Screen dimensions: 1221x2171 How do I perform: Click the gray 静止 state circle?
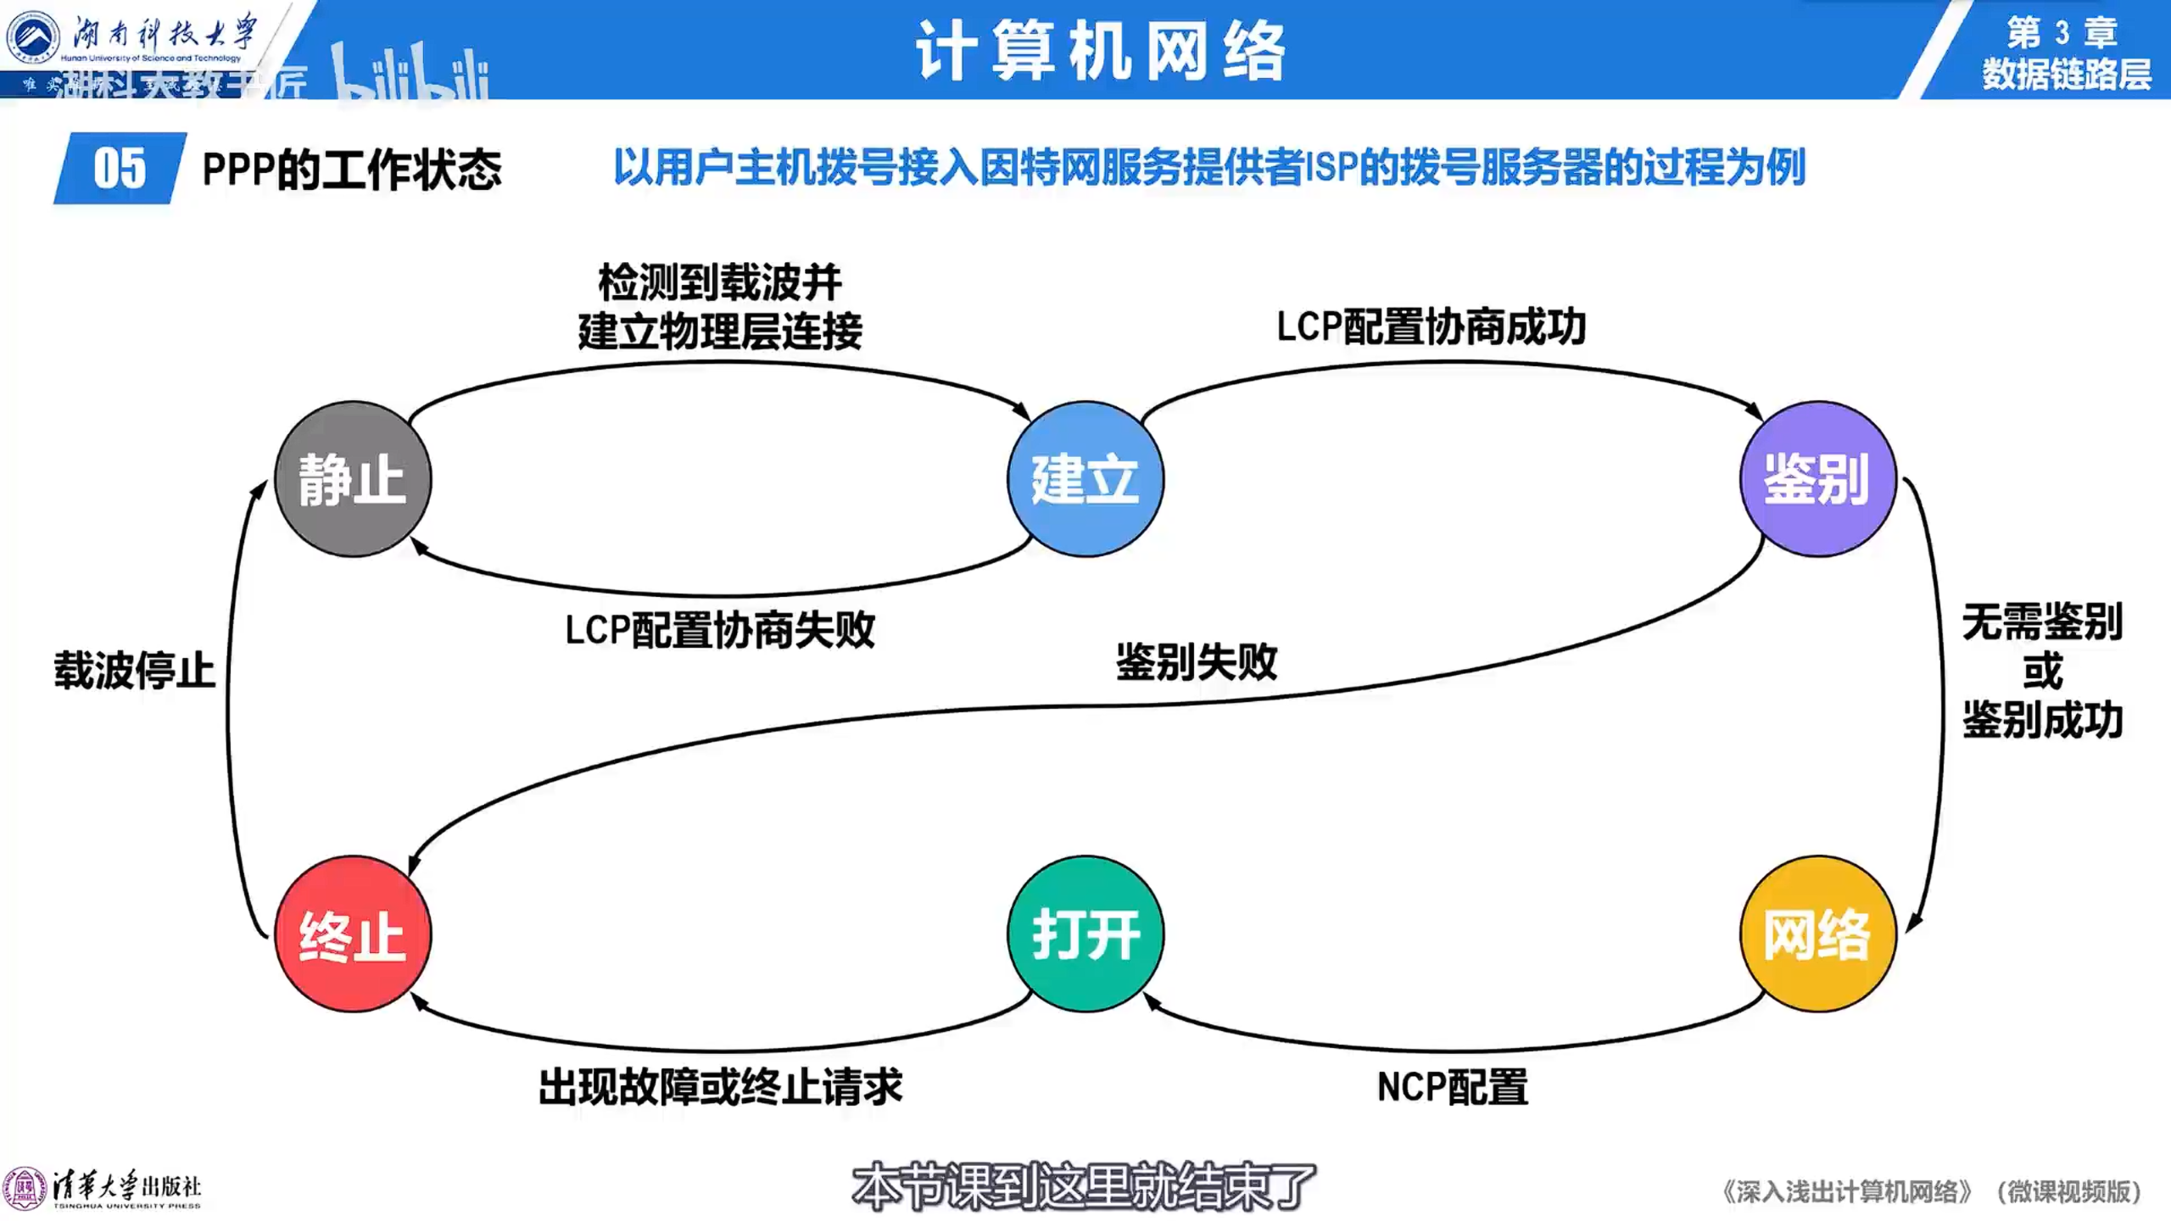tap(352, 479)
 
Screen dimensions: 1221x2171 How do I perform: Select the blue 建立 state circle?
tap(1085, 479)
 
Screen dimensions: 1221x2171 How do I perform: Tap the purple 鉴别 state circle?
tap(1817, 479)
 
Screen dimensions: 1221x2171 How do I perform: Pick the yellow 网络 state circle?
tap(1817, 934)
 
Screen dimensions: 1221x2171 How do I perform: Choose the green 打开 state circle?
tap(1085, 934)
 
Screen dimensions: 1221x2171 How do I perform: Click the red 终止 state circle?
tap(352, 934)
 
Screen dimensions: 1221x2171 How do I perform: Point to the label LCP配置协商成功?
tap(1431, 326)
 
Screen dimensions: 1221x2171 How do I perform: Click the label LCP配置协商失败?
tap(719, 630)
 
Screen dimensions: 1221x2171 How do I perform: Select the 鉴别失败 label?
tap(1196, 661)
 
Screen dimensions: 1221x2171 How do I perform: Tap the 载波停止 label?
tap(135, 670)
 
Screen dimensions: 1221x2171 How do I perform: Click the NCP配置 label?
tap(1452, 1087)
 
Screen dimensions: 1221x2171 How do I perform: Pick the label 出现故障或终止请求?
tap(720, 1087)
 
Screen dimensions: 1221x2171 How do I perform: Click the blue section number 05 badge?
tap(120, 168)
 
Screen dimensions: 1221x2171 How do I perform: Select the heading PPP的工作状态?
tap(351, 169)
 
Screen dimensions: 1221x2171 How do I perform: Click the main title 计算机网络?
tap(1100, 51)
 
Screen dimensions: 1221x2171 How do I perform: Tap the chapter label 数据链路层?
tap(2066, 75)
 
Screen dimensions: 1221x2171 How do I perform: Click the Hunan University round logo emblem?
tap(32, 36)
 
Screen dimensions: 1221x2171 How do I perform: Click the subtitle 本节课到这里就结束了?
tap(1084, 1186)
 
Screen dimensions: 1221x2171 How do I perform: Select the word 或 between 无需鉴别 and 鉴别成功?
tap(2042, 672)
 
